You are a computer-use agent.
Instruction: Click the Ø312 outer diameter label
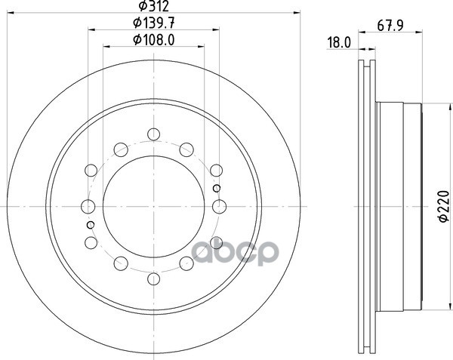tap(154, 6)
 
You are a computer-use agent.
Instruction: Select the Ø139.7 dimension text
tap(154, 23)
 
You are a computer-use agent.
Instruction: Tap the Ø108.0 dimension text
tap(154, 40)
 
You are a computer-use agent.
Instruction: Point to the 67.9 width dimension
tap(390, 26)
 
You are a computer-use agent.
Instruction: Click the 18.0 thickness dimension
tap(339, 43)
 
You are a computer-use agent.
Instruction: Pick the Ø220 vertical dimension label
tap(444, 206)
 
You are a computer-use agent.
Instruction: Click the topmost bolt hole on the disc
tap(154, 134)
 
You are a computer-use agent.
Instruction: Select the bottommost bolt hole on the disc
tap(154, 278)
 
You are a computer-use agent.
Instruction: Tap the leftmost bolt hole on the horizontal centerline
tap(88, 207)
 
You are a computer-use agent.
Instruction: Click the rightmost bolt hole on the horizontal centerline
tap(219, 207)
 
